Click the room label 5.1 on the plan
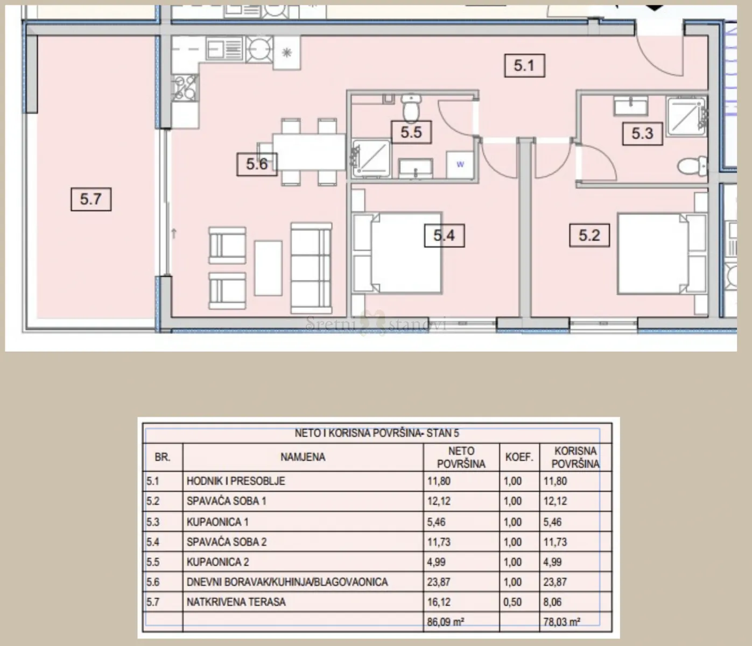[x=524, y=66]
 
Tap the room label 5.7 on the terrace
[x=91, y=199]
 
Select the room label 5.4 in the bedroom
[x=444, y=235]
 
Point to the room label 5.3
[x=643, y=134]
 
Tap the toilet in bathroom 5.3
[x=692, y=166]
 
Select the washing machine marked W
[x=460, y=165]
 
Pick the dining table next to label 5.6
[x=309, y=152]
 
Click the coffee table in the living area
[x=268, y=268]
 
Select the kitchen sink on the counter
[x=225, y=48]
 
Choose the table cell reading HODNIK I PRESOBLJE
[x=236, y=481]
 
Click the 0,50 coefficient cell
[x=512, y=602]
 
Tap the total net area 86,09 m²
[x=445, y=622]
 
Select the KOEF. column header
[x=519, y=457]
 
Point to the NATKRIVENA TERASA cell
[x=236, y=602]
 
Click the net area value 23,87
[x=438, y=582]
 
